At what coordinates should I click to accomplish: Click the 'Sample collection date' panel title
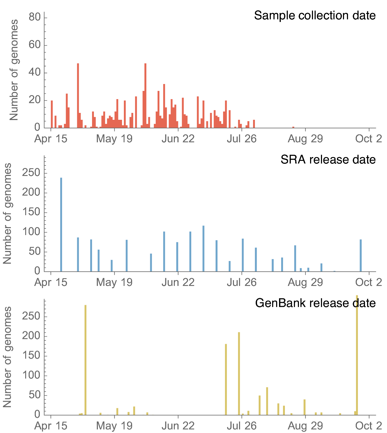tap(315, 16)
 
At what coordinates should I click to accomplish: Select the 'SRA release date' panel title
tap(328, 160)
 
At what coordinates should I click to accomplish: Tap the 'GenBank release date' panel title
tap(315, 303)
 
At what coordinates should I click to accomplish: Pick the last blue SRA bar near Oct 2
tap(361, 255)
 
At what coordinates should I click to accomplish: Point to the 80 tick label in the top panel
tap(34, 17)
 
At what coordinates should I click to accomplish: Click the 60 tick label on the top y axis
tap(34, 45)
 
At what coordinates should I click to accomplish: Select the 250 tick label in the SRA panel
tap(31, 173)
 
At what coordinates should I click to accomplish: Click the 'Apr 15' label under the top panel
tap(51, 139)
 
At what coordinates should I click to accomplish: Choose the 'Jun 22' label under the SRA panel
tap(178, 282)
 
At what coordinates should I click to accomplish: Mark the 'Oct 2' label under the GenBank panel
tap(368, 426)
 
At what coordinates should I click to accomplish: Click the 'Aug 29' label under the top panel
tap(305, 139)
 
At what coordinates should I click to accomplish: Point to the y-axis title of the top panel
tap(14, 70)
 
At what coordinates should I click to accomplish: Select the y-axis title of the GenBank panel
tap(7, 357)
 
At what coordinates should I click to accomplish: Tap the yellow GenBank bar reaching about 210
tap(239, 373)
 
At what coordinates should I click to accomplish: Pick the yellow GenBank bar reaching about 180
tap(226, 379)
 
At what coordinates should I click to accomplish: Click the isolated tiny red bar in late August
tap(293, 127)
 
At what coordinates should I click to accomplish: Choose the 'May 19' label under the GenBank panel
tap(114, 426)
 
